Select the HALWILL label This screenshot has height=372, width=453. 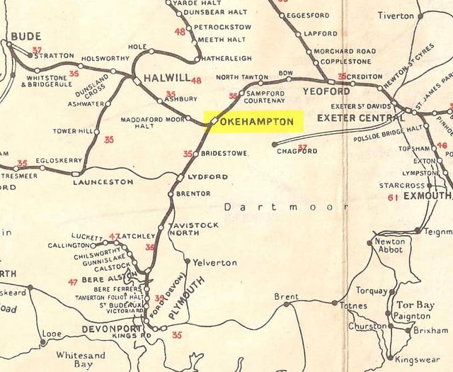166,80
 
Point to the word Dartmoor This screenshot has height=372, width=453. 286,207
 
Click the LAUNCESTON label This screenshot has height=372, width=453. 103,182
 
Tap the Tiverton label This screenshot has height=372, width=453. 396,15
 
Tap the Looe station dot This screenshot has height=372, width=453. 43,342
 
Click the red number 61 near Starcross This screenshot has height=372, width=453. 392,198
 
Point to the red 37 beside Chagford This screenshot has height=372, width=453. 303,148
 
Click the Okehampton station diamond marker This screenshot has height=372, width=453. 213,122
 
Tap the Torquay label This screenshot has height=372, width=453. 371,291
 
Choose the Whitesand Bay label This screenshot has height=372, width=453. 80,359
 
